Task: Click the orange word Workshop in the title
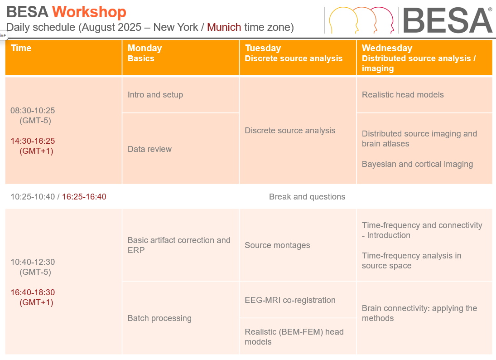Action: point(89,12)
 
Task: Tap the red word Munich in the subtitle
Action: point(224,27)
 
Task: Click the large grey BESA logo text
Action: point(447,20)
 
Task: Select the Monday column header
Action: point(181,57)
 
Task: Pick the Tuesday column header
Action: point(298,57)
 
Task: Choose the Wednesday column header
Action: point(424,57)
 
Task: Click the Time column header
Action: point(63,57)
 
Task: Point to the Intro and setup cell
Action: point(181,95)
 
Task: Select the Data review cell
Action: point(181,149)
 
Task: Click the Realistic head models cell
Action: point(424,95)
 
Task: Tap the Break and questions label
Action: point(307,197)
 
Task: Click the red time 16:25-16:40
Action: point(84,197)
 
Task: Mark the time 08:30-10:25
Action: point(33,111)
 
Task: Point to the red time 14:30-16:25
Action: point(33,141)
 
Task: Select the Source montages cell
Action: point(298,245)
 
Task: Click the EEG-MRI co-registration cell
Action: point(298,300)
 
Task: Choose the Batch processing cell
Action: point(181,318)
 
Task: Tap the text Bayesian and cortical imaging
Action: point(417,164)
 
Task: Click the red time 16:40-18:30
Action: point(33,292)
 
